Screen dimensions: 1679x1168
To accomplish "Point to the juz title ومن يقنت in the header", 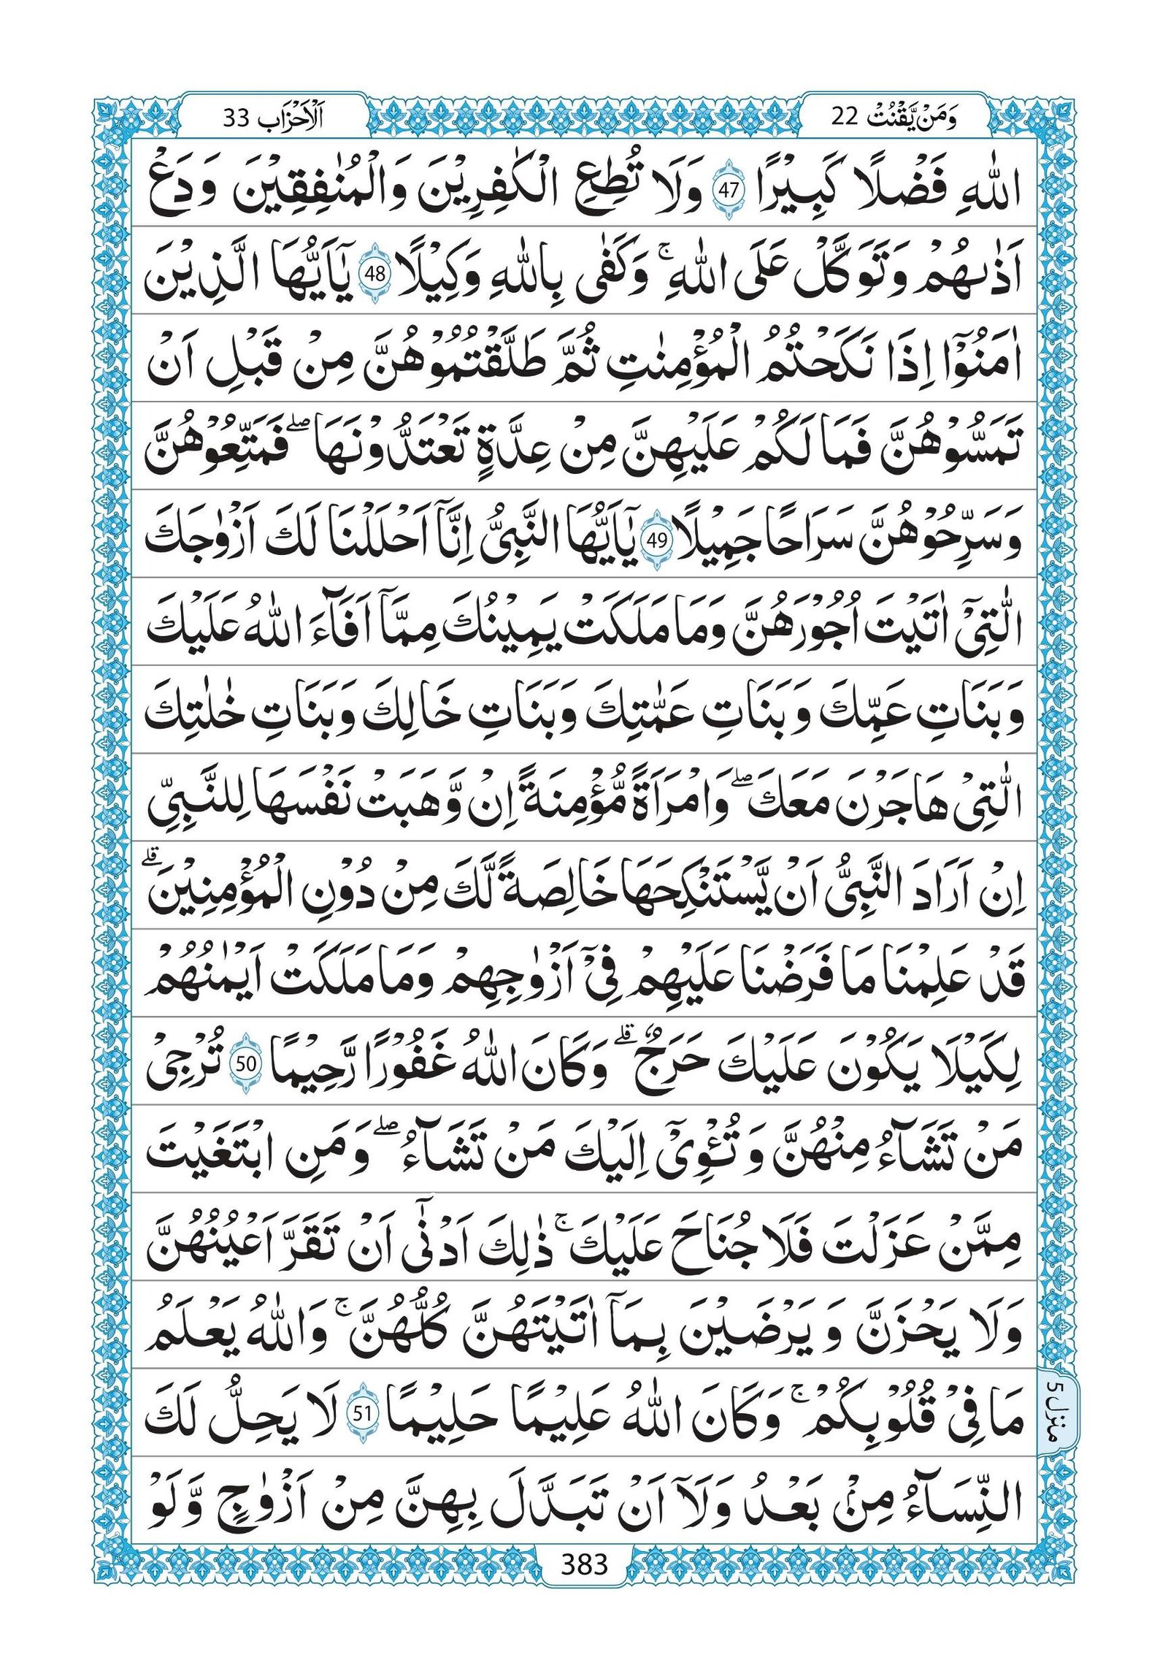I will click(x=921, y=118).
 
